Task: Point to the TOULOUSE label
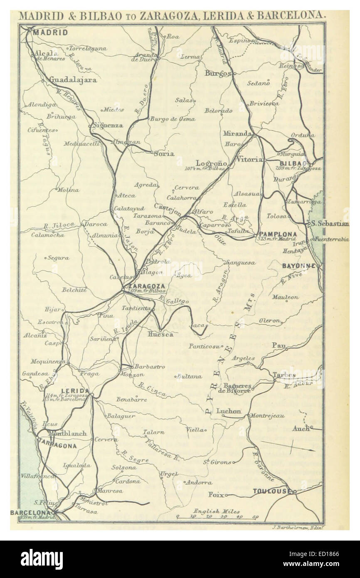point(271,492)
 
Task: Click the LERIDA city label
point(75,390)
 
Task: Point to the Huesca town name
point(160,333)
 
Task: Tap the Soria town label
point(163,153)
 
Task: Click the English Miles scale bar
point(216,517)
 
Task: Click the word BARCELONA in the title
point(290,16)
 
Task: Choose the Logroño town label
point(211,163)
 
